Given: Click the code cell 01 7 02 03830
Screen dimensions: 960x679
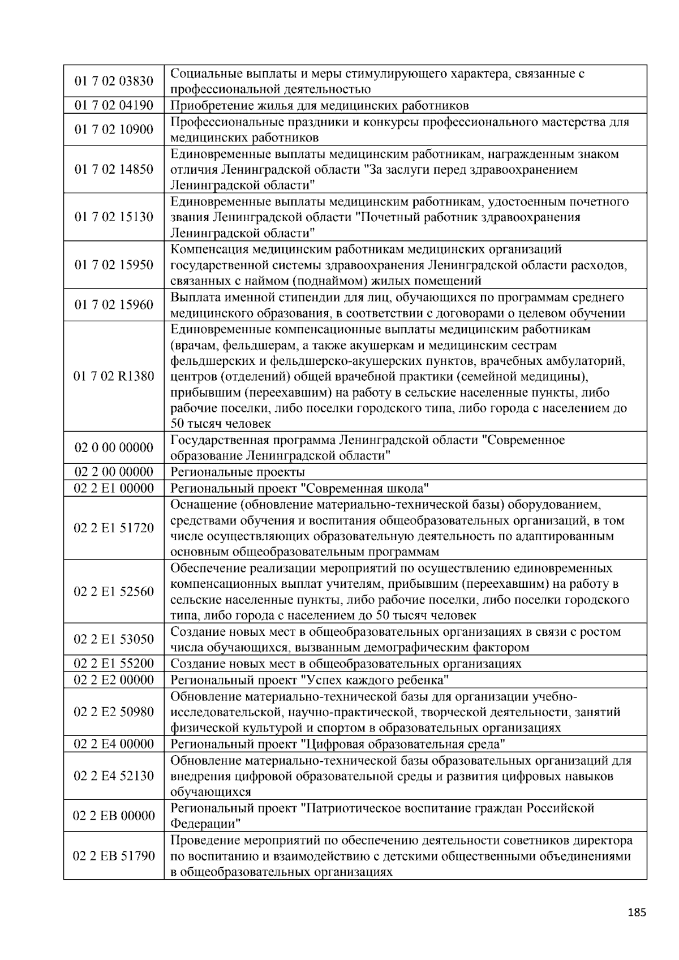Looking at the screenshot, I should point(114,81).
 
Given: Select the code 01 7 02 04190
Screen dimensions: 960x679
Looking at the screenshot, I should point(114,105).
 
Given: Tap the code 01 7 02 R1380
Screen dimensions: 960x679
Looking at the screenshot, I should point(114,376).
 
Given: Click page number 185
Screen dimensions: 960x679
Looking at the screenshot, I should point(637,912).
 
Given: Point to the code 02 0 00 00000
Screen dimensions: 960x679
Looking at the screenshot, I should point(114,447).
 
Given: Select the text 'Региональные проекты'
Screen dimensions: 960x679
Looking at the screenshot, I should point(238,472).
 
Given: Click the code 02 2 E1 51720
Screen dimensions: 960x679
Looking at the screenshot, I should point(114,528).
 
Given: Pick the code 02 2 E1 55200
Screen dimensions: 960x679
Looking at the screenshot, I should point(114,664).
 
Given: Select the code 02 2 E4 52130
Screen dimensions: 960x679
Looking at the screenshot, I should point(114,776).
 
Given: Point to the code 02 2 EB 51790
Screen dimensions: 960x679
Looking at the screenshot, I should point(114,855).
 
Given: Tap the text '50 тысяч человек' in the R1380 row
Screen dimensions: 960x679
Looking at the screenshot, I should point(221,424).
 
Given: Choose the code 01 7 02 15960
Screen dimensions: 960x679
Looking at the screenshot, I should point(114,305).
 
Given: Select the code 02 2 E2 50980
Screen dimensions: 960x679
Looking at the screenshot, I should point(114,712).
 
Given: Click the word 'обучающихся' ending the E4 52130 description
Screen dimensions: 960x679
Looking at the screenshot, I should point(210,792).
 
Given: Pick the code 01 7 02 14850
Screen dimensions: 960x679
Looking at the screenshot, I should point(114,169).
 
